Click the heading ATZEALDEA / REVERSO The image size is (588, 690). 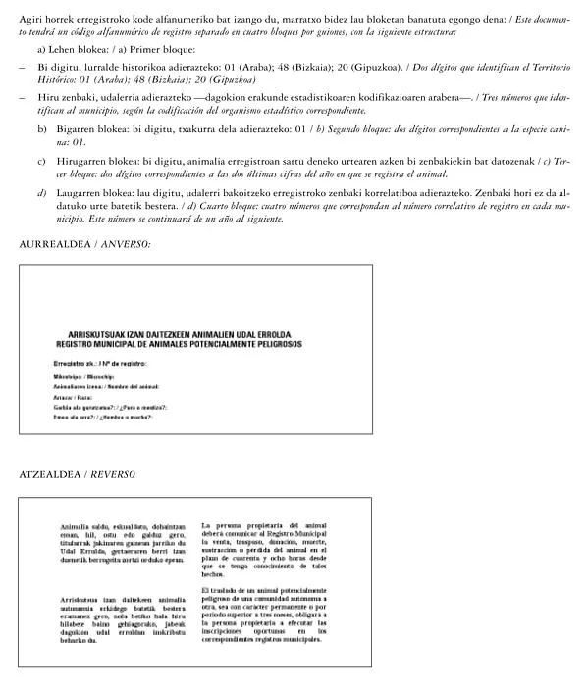pos(77,474)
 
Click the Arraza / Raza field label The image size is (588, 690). pos(73,397)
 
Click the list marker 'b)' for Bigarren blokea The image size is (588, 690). pos(41,129)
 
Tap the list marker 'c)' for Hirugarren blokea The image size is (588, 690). pos(41,159)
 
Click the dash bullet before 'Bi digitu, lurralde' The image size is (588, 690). pos(22,68)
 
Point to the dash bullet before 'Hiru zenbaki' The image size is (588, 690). pos(22,99)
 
